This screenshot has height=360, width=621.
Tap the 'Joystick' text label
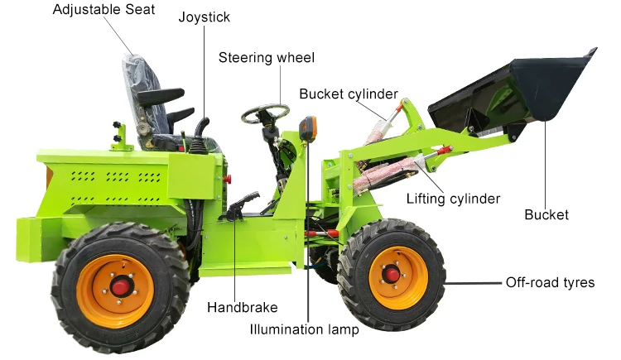[x=205, y=17]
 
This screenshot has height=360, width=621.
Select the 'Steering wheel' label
[x=267, y=57]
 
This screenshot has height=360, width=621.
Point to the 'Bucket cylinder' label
[x=349, y=94]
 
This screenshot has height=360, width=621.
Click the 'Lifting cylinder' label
[x=453, y=199]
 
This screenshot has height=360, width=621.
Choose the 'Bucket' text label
[x=546, y=215]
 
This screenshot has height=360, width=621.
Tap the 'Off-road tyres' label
[x=550, y=282]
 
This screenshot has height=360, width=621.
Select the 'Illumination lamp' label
[x=304, y=329]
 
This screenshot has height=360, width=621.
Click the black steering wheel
[x=265, y=113]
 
